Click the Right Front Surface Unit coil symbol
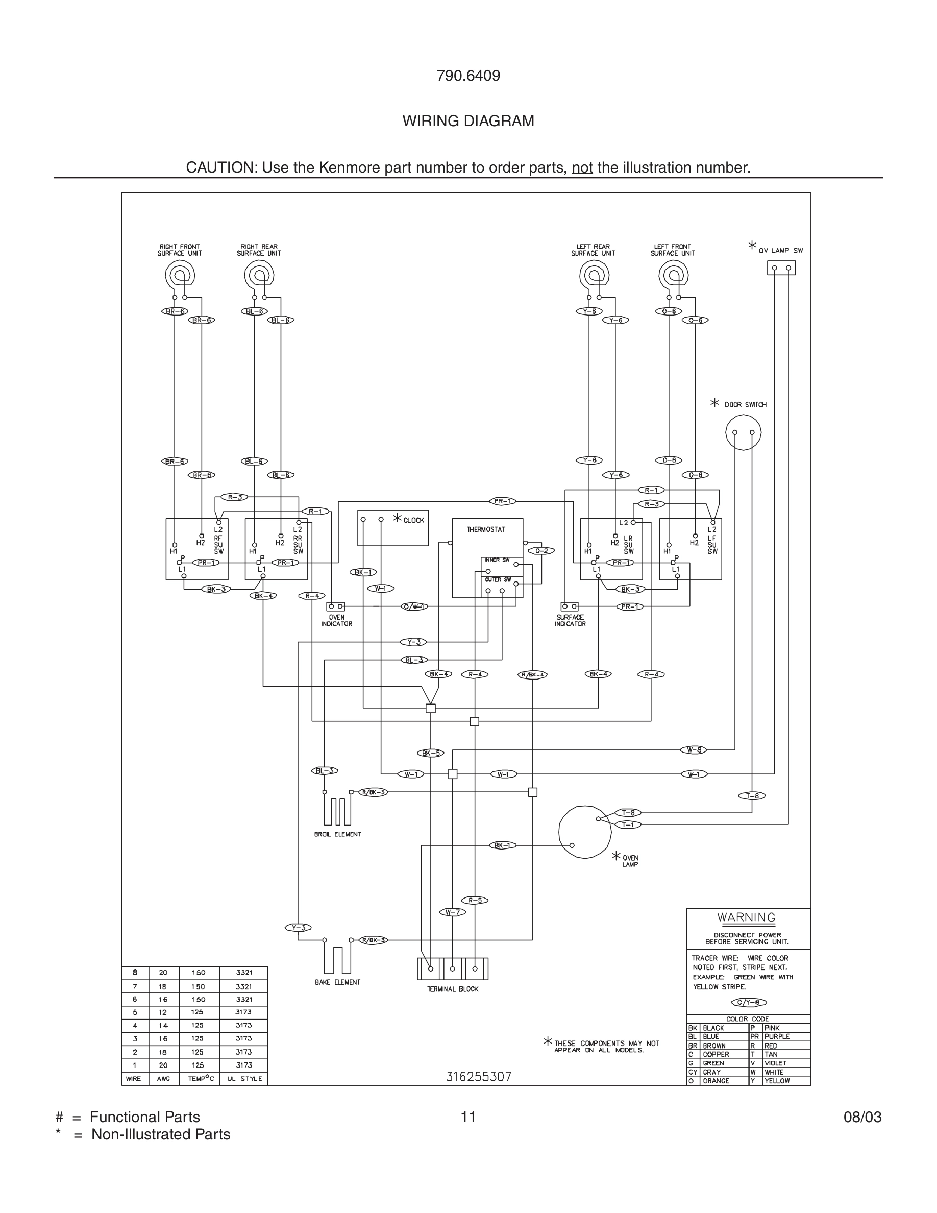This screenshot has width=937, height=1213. (180, 275)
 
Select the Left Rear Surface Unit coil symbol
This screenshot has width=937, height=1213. (594, 275)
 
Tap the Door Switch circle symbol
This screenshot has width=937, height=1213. (743, 432)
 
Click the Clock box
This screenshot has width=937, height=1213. (392, 528)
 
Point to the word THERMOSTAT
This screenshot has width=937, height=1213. (486, 529)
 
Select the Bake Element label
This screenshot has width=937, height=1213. (337, 982)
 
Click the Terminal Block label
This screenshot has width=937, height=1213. (452, 989)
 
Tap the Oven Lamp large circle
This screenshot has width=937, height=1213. (584, 832)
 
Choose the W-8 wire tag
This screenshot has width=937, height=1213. (694, 750)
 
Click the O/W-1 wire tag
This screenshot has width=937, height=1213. (414, 606)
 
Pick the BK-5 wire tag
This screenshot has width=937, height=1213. (430, 753)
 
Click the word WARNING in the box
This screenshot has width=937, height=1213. (746, 917)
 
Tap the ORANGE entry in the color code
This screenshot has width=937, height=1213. (716, 1081)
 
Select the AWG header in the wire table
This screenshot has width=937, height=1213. (163, 1079)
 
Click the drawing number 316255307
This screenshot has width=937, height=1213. (479, 1076)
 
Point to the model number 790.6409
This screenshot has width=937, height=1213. (468, 76)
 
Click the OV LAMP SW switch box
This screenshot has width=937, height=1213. (781, 268)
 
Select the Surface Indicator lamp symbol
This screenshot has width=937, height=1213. (570, 606)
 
